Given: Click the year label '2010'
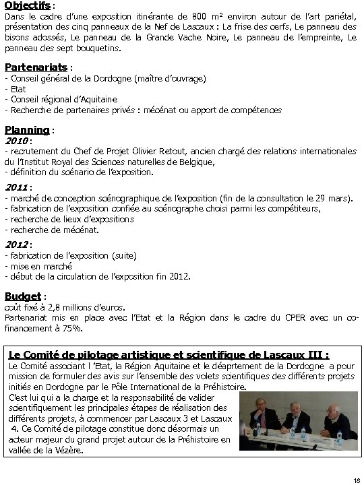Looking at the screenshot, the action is point(16,141).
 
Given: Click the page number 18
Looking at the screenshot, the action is point(356,479).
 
